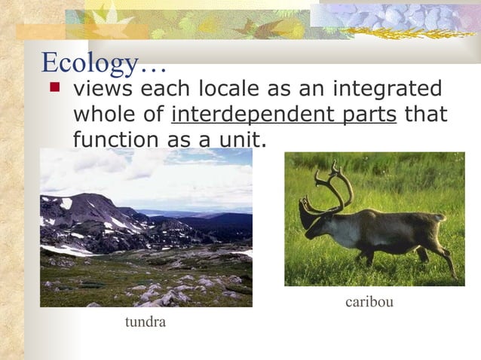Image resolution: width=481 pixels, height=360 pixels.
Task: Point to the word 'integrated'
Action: click(384, 90)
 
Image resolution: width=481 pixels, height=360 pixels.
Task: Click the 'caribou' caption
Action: click(369, 302)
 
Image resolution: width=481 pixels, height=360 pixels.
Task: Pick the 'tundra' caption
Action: click(145, 322)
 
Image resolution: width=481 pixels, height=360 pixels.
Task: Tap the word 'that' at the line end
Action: click(426, 115)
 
